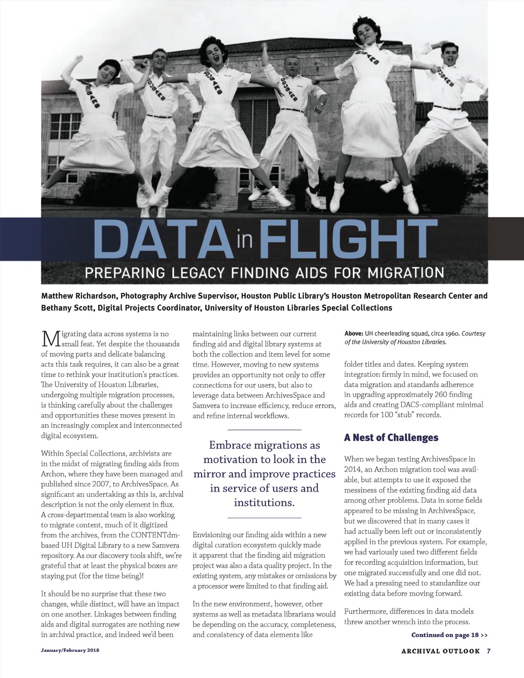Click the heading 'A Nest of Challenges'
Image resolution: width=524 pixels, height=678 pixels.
click(x=391, y=437)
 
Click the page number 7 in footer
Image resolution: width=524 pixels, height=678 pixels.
click(x=489, y=651)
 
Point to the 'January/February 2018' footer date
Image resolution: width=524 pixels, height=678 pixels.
click(x=70, y=650)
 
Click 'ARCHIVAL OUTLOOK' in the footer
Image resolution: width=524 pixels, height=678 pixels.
click(x=440, y=651)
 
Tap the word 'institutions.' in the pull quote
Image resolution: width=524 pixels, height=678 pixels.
click(x=264, y=502)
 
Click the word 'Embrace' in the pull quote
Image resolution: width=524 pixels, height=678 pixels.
click(x=229, y=445)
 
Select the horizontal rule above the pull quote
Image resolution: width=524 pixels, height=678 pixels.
click(x=264, y=430)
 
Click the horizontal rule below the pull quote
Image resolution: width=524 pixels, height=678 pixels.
click(x=264, y=518)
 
